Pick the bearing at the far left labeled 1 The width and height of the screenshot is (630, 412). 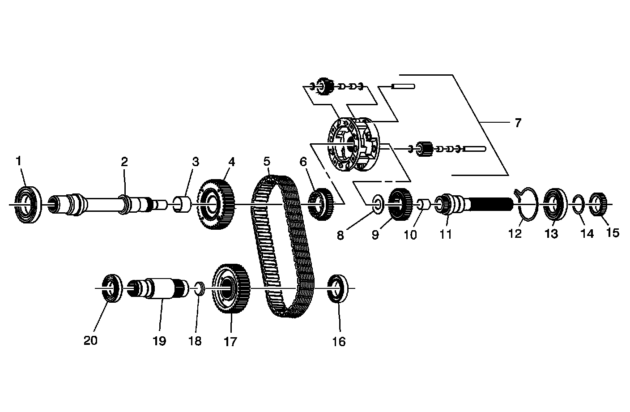click(x=28, y=204)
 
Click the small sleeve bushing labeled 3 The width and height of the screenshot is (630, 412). click(x=182, y=204)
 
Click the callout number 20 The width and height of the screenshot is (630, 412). click(x=90, y=341)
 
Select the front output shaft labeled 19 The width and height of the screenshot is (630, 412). click(x=154, y=289)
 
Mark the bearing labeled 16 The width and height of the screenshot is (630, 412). click(x=338, y=289)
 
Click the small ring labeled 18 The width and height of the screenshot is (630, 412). click(x=200, y=288)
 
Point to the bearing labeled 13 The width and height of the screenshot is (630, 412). click(x=555, y=204)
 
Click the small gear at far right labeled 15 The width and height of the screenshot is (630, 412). click(x=599, y=204)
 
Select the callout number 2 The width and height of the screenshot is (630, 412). click(x=124, y=162)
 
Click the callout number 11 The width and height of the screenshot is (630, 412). click(x=446, y=234)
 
